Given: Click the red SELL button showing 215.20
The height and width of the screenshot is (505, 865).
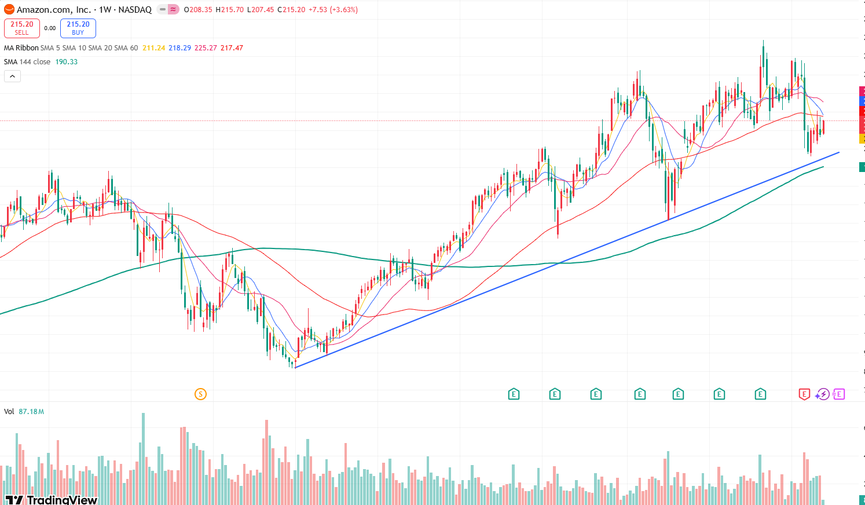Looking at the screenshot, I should [22, 28].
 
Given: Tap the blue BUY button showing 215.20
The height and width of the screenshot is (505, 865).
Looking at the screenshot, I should [78, 28].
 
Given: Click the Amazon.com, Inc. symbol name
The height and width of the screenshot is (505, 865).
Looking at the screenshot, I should [54, 10].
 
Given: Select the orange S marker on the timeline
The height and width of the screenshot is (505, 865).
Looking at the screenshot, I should [200, 394].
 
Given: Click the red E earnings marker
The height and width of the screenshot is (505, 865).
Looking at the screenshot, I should [804, 394].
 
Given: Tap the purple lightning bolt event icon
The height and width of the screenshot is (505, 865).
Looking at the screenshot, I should [822, 394].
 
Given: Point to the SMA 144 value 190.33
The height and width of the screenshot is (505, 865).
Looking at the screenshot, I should [67, 62].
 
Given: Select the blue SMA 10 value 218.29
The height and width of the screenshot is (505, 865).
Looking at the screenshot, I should [179, 48].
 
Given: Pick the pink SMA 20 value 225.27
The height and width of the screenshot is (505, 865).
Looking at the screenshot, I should [206, 48].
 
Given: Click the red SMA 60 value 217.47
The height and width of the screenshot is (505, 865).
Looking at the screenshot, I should [232, 48].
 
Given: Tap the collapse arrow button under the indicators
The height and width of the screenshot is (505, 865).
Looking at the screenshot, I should [12, 76].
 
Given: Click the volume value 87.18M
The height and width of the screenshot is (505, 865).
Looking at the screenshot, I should [31, 412].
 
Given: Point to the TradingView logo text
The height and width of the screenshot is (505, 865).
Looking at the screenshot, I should [61, 500].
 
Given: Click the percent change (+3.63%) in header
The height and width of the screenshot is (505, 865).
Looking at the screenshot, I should [343, 10].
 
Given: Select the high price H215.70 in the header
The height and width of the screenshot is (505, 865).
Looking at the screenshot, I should [229, 10].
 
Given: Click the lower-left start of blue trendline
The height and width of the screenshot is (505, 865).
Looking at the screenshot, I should [295, 367].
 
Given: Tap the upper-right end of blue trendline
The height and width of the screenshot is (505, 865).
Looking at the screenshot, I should [839, 152].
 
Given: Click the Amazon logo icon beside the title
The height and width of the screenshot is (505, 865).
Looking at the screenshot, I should [9, 10].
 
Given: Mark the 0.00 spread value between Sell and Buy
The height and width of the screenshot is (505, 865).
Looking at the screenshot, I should [50, 28].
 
